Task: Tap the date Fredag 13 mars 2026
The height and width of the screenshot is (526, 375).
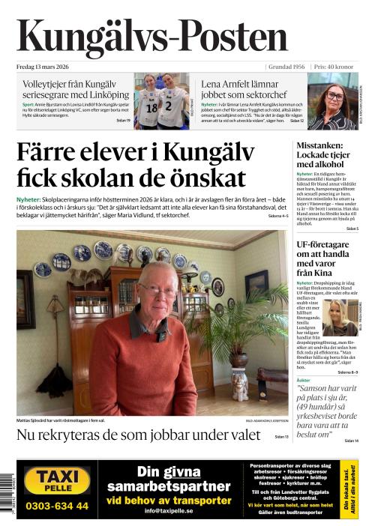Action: (x=44, y=67)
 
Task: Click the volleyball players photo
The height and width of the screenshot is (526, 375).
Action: (x=160, y=100)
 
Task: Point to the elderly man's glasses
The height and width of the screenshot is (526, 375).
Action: (x=158, y=290)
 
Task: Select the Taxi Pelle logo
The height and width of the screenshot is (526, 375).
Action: (x=57, y=480)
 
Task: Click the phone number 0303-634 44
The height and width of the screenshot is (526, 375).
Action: (x=57, y=506)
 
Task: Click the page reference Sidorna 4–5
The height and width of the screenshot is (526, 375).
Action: (x=277, y=216)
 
